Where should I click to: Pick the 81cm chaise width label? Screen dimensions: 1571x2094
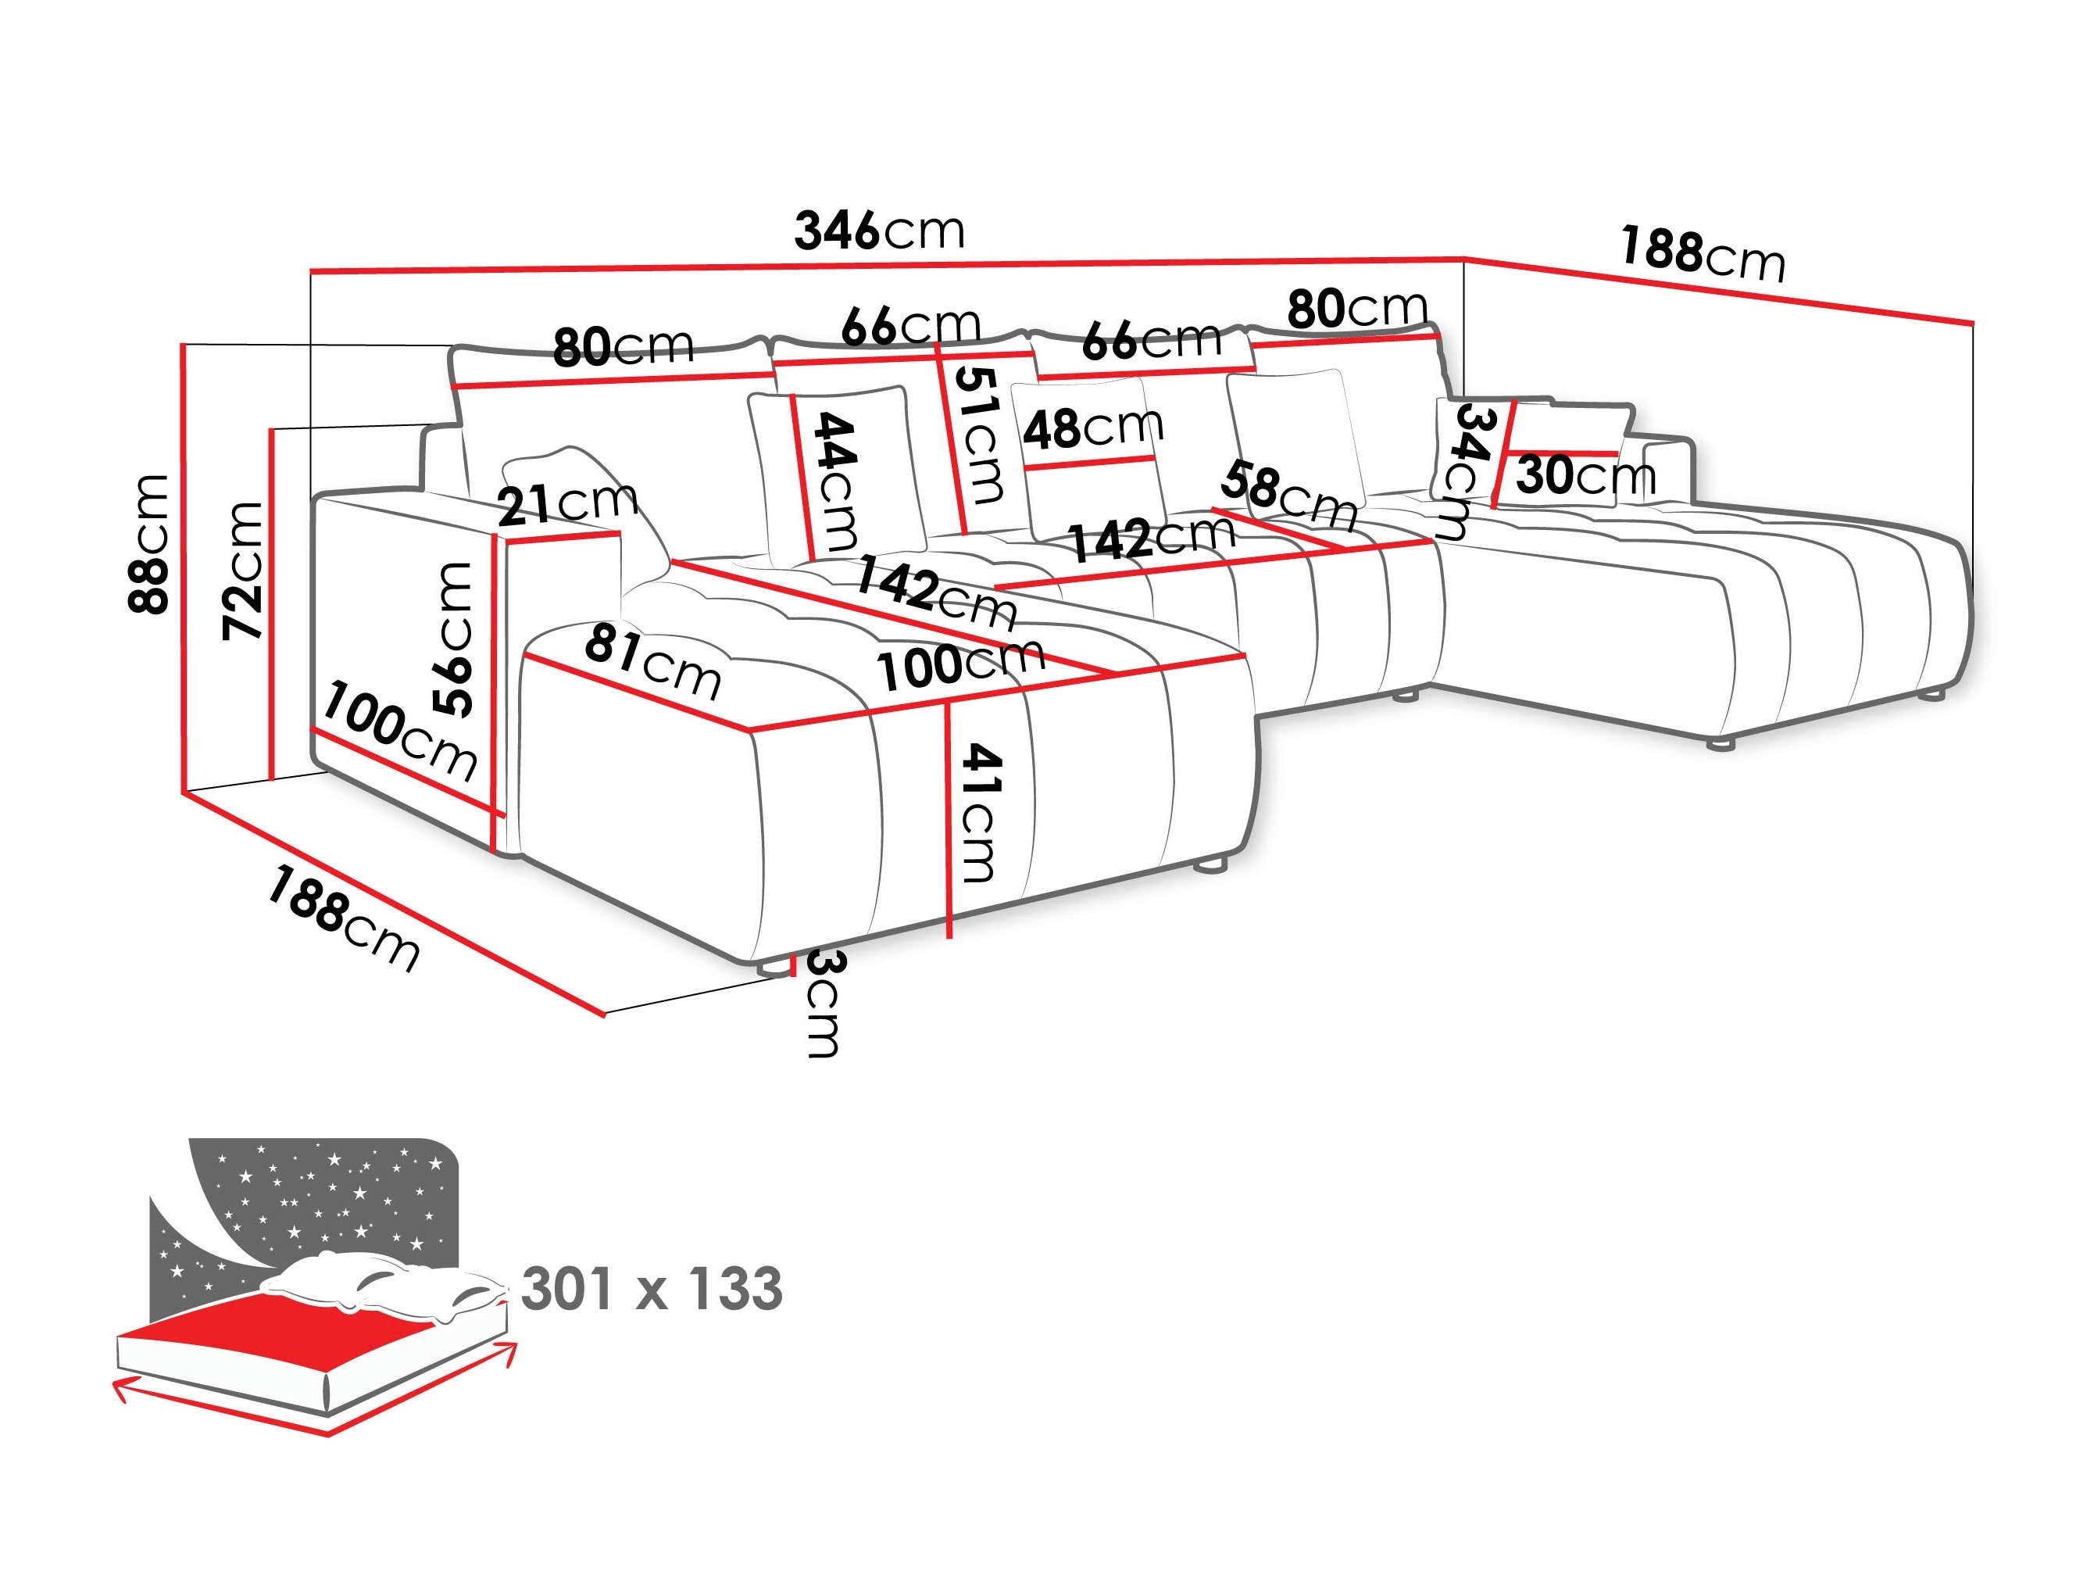pos(652,660)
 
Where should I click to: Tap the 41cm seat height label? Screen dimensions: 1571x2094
pos(979,813)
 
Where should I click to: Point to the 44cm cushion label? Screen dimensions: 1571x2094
pos(836,481)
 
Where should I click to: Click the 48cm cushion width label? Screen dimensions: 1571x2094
pos(1092,428)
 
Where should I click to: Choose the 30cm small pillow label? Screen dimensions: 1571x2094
pos(1585,475)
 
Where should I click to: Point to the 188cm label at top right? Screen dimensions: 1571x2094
pos(1701,254)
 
